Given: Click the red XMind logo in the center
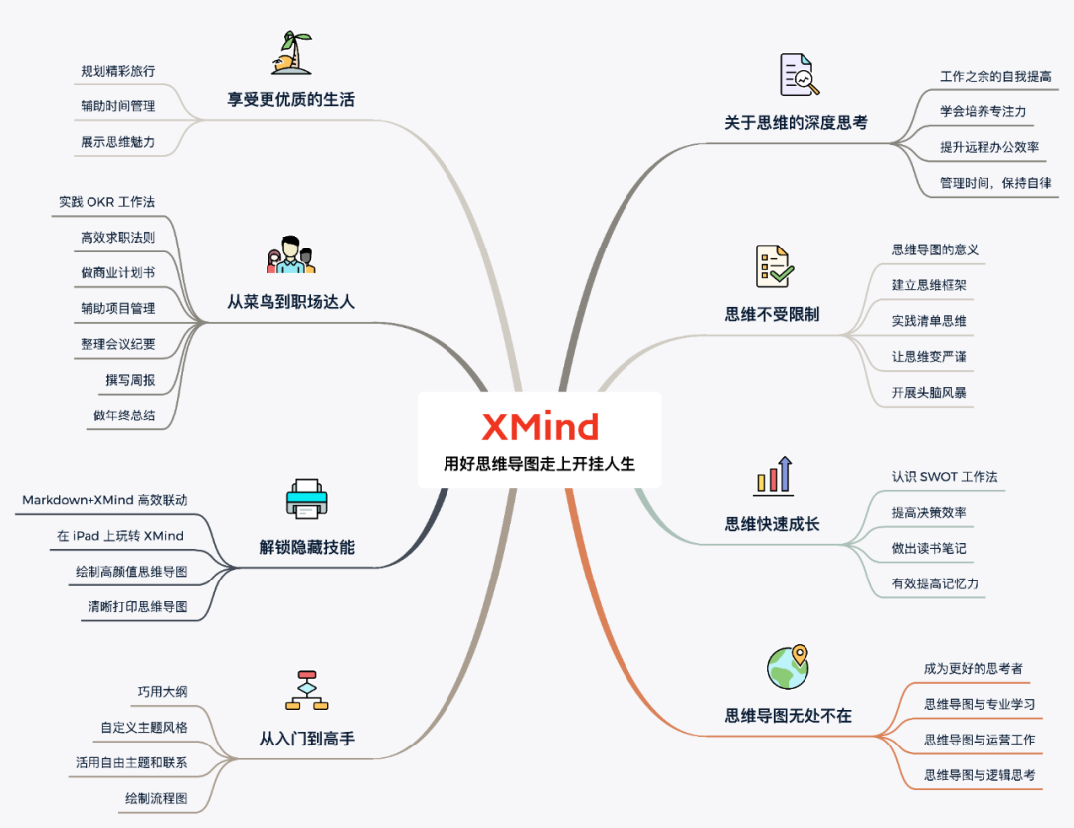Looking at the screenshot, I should click(x=540, y=427).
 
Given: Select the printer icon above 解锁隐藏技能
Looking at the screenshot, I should click(x=306, y=498).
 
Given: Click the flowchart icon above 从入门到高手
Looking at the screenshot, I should click(x=306, y=690).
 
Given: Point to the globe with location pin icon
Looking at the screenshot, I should click(x=788, y=666).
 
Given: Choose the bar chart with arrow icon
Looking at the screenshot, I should click(x=773, y=476).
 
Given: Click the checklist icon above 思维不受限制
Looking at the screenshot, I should click(x=774, y=266).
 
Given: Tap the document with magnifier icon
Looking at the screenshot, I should click(x=799, y=76).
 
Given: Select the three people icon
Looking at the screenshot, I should click(x=290, y=255).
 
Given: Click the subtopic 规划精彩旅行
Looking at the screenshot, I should click(x=117, y=71).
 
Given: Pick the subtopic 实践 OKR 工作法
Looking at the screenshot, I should click(x=106, y=202).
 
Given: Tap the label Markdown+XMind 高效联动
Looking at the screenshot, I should click(x=104, y=500).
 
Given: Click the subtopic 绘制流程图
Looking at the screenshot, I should click(x=155, y=798).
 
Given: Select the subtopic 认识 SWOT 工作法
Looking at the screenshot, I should click(x=945, y=476).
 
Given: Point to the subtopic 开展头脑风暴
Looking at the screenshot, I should click(x=929, y=392).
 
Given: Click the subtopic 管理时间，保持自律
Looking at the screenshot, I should click(x=995, y=183).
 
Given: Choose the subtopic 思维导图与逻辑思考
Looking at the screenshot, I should click(x=980, y=774).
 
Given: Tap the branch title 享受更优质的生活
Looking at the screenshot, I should click(x=290, y=100).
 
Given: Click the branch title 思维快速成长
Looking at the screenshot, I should click(x=772, y=524).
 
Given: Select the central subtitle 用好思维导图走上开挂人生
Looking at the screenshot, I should click(x=539, y=464).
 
